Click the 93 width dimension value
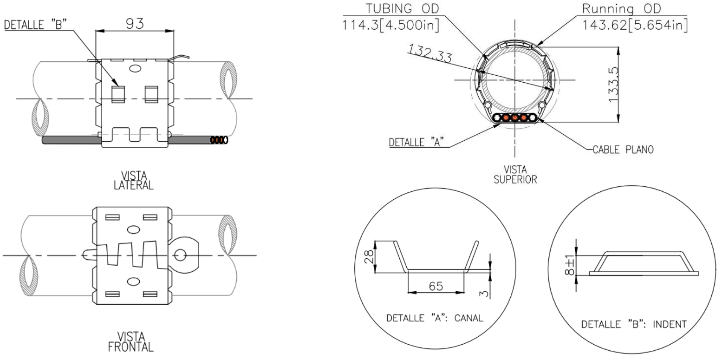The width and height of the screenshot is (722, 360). pos(134,23)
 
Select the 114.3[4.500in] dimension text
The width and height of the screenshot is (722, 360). pos(391,26)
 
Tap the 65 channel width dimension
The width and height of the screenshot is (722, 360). pos(436,287)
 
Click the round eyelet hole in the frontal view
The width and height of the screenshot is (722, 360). pos(181,254)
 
